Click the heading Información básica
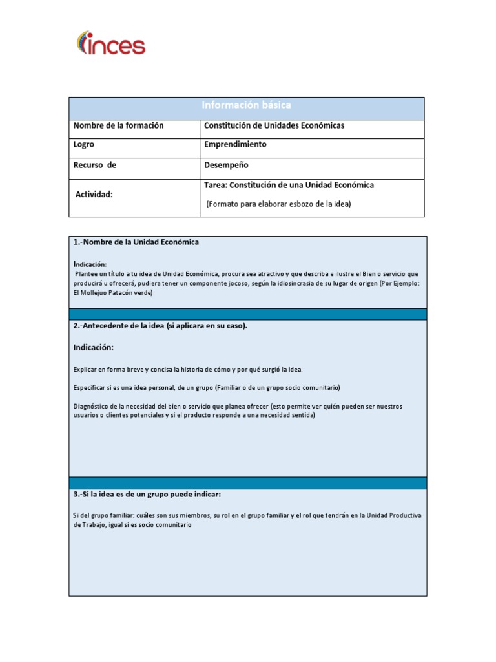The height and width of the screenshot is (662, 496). tap(246, 105)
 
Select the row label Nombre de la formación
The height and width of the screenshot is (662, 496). tap(118, 125)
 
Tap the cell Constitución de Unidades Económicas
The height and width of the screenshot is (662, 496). tap(274, 125)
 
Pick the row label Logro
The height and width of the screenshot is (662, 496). tap(84, 145)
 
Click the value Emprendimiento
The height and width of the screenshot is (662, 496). tap(235, 145)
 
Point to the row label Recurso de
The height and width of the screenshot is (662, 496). tap(94, 165)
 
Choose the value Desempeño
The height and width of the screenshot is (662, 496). tap(226, 165)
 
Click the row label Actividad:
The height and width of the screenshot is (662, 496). tap(94, 194)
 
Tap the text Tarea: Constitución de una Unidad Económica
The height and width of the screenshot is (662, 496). tap(289, 185)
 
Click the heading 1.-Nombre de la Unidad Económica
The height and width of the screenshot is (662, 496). tap(136, 242)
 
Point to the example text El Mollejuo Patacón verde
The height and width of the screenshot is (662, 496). tap(113, 292)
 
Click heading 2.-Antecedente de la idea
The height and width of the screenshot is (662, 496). tap(160, 326)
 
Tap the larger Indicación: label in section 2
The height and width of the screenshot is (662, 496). tap(93, 348)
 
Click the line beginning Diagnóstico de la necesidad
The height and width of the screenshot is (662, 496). tap(238, 407)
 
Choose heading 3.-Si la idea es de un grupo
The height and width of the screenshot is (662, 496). tap(147, 495)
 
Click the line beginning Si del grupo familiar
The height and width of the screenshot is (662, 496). tap(247, 515)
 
